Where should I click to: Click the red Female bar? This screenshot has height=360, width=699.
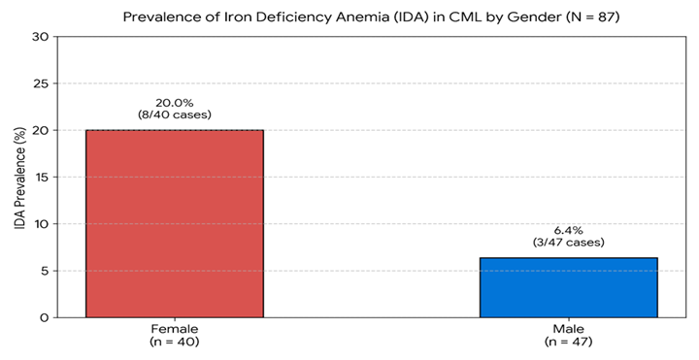[175, 223]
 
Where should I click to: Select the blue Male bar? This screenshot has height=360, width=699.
[568, 287]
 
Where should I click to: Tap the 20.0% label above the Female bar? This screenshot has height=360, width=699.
[175, 103]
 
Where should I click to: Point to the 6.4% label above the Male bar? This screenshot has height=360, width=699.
[568, 230]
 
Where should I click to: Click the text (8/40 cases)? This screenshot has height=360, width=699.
[175, 115]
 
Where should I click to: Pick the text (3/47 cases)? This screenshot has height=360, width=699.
[568, 243]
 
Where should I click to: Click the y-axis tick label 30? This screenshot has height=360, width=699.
[41, 37]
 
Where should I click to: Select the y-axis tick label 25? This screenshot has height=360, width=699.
[41, 83]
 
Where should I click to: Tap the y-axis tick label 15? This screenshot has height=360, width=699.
[42, 177]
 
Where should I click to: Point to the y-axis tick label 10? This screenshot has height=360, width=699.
[42, 223]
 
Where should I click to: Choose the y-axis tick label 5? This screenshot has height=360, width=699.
[46, 271]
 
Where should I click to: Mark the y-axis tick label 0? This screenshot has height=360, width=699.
[45, 317]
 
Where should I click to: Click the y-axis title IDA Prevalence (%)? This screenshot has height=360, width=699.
[20, 179]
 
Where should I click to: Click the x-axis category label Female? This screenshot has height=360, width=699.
[175, 329]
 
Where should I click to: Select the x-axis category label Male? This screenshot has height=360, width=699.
[568, 329]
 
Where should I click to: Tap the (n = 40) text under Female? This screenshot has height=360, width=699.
[175, 342]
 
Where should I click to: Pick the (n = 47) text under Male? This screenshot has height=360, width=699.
[568, 342]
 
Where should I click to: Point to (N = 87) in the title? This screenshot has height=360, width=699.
[592, 17]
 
